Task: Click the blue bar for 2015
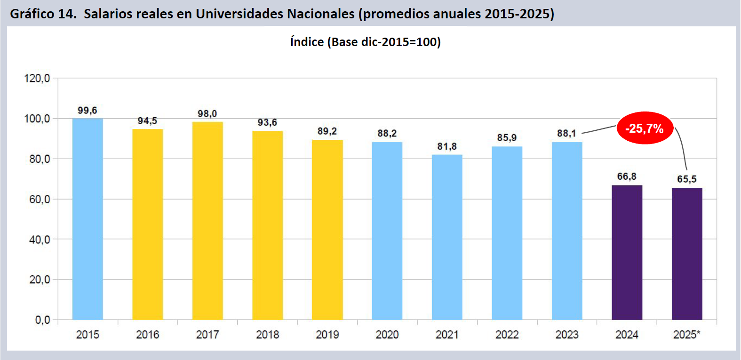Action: pos(88,219)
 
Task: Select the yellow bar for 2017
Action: pos(207,221)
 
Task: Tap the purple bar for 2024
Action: pos(627,252)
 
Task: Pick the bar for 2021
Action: pos(447,237)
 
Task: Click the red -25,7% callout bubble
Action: pos(645,128)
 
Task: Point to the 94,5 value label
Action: pos(147,121)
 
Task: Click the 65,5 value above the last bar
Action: pos(686,179)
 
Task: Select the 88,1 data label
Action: pos(566,133)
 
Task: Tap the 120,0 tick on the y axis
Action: pos(37,78)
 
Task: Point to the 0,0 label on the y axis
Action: pos(42,320)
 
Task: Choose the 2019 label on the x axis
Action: pos(327,335)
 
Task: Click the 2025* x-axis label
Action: pos(686,335)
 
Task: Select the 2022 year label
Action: pos(507,335)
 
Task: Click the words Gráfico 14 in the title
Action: pos(43,14)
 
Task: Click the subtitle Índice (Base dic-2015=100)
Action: pos(365,42)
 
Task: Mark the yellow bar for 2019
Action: pos(327,230)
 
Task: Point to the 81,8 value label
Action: pos(447,146)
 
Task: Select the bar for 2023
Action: pos(567,231)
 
